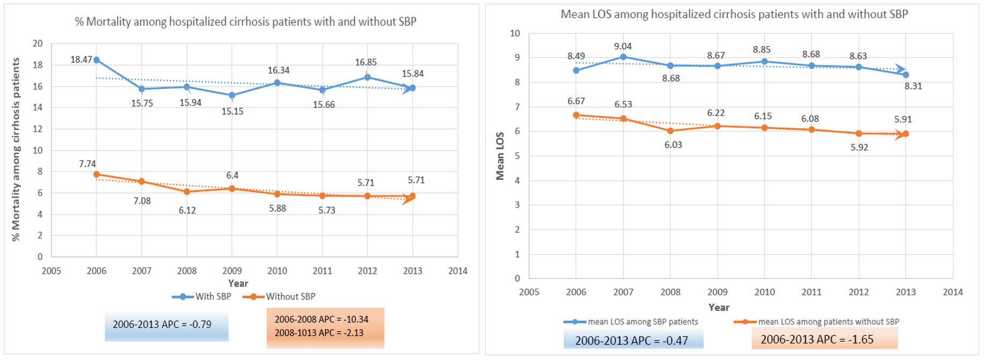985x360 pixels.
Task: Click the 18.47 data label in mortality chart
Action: pos(81,60)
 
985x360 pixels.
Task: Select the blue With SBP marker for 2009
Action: pos(232,95)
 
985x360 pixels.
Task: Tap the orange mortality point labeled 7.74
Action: pos(97,174)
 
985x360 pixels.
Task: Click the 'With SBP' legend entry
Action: pos(202,297)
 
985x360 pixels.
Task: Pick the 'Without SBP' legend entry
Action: pos(279,297)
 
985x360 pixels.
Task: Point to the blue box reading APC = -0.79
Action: pos(166,325)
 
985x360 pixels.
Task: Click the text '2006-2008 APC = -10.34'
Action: pos(321,319)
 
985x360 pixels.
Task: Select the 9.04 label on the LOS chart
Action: pos(623,47)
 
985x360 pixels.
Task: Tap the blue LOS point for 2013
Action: pos(906,75)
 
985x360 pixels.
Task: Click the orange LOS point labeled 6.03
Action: pos(670,131)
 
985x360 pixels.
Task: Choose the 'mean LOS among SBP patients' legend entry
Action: pos(631,322)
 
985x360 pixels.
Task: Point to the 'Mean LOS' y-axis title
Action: pos(500,156)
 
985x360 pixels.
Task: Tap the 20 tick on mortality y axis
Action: pos(38,43)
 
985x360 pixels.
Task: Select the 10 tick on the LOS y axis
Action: pos(515,33)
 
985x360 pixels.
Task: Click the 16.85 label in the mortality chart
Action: pos(366,62)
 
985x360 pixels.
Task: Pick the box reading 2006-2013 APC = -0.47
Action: pos(633,341)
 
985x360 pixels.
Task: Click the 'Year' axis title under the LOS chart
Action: pos(718,307)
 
